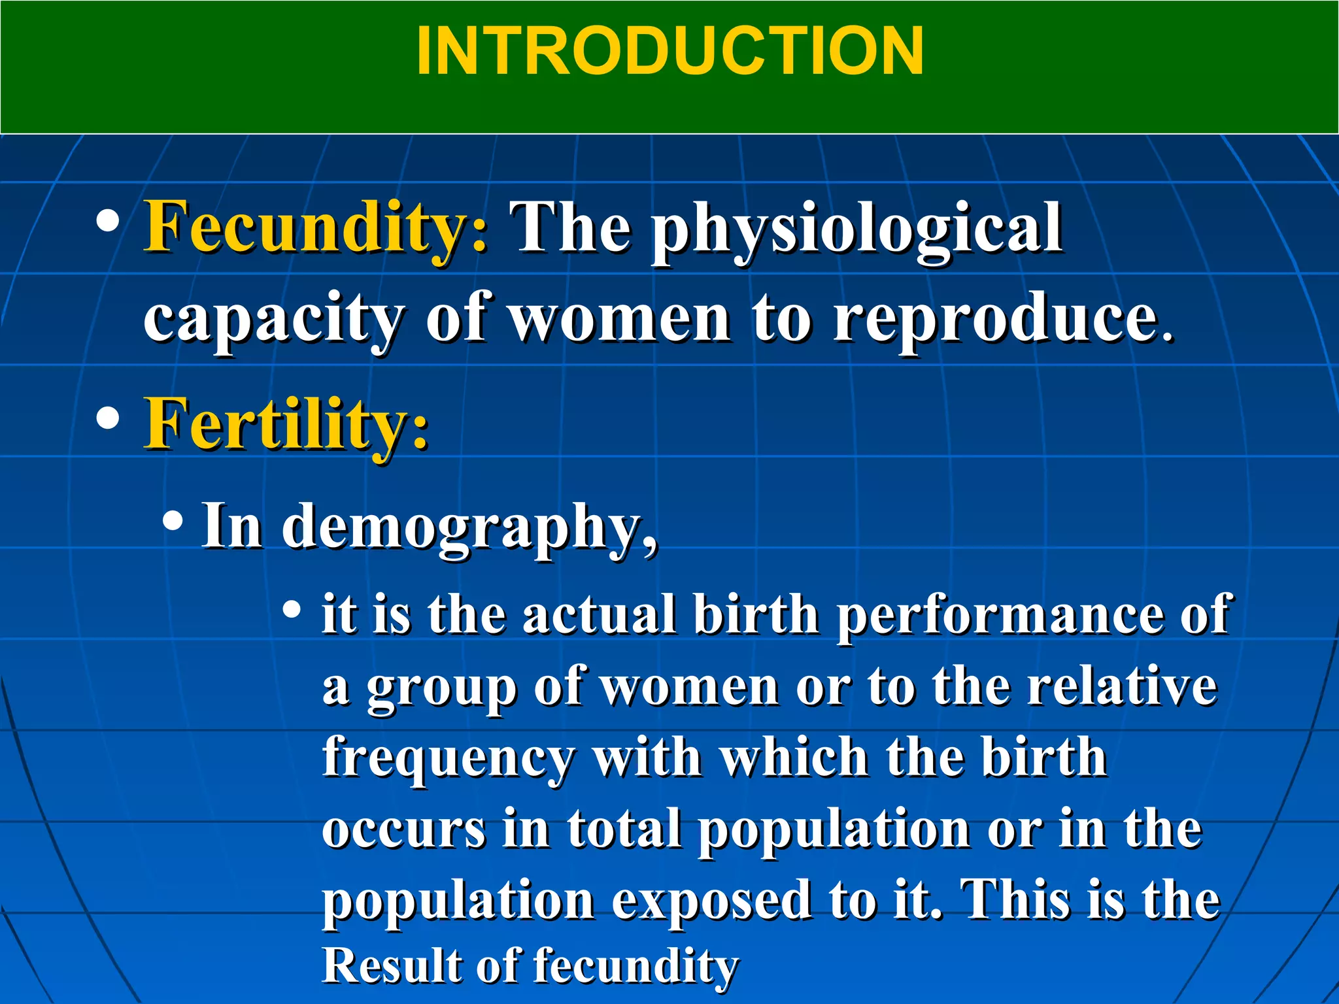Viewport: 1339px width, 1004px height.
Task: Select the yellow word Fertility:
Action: coord(286,424)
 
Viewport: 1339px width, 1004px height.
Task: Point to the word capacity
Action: coord(274,320)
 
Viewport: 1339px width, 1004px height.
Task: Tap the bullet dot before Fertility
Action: coord(107,418)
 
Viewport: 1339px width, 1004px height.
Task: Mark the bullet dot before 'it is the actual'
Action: coord(292,611)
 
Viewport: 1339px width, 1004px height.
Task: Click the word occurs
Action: coord(403,829)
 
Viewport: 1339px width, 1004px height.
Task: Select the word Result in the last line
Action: coord(390,965)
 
